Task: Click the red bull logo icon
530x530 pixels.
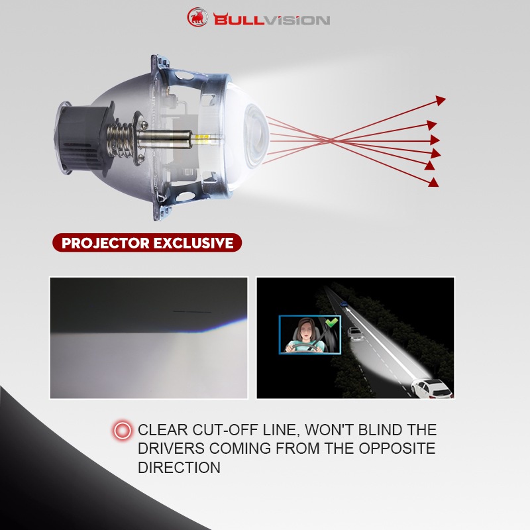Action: pyautogui.click(x=197, y=17)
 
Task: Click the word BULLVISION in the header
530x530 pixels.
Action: pyautogui.click(x=272, y=20)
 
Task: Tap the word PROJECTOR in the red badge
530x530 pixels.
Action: pyautogui.click(x=105, y=243)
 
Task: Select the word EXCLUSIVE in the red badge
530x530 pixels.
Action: pyautogui.click(x=193, y=243)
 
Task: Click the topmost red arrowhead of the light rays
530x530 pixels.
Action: pyautogui.click(x=441, y=100)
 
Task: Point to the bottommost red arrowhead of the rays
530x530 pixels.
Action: pyautogui.click(x=433, y=183)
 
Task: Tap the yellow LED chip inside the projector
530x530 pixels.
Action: pyautogui.click(x=201, y=138)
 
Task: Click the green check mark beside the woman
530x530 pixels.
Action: pyautogui.click(x=332, y=323)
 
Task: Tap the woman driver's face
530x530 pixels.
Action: pyautogui.click(x=305, y=331)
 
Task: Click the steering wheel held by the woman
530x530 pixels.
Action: pyautogui.click(x=303, y=348)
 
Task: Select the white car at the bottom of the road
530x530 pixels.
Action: pyautogui.click(x=432, y=389)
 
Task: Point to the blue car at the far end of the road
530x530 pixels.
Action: pyautogui.click(x=344, y=304)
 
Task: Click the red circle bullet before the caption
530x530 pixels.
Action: pyautogui.click(x=123, y=430)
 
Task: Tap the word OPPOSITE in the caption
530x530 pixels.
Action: pyautogui.click(x=397, y=449)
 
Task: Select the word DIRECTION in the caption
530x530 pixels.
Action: pyautogui.click(x=179, y=468)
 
